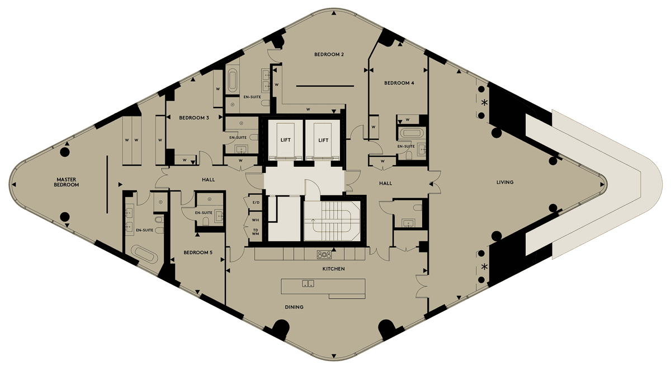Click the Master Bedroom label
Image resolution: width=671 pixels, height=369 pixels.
click(x=66, y=182)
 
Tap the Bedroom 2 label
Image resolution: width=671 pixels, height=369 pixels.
click(x=329, y=54)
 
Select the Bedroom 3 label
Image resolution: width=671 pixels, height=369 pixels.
click(x=194, y=118)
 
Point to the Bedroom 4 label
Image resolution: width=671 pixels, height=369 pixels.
click(x=399, y=83)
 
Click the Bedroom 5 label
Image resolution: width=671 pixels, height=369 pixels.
click(x=198, y=253)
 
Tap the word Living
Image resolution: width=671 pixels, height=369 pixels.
click(x=505, y=182)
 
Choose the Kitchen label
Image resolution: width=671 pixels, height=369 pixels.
click(x=333, y=269)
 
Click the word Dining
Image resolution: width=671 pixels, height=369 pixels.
click(x=294, y=307)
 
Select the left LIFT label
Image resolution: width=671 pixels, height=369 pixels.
click(x=286, y=140)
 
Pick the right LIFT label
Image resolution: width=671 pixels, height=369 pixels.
click(x=323, y=140)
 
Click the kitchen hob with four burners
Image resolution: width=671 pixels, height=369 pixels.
click(x=324, y=255)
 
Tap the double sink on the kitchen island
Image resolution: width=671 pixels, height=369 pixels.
click(x=308, y=283)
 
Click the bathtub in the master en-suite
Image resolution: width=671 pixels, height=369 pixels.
click(x=145, y=255)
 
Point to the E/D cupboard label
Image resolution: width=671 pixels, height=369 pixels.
click(x=256, y=203)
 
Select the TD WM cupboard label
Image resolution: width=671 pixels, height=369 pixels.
click(x=256, y=232)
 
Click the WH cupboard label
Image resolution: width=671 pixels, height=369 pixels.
click(x=256, y=220)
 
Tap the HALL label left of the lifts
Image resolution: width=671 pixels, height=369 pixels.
click(x=208, y=180)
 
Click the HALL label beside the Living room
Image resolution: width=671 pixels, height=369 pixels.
click(x=385, y=183)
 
